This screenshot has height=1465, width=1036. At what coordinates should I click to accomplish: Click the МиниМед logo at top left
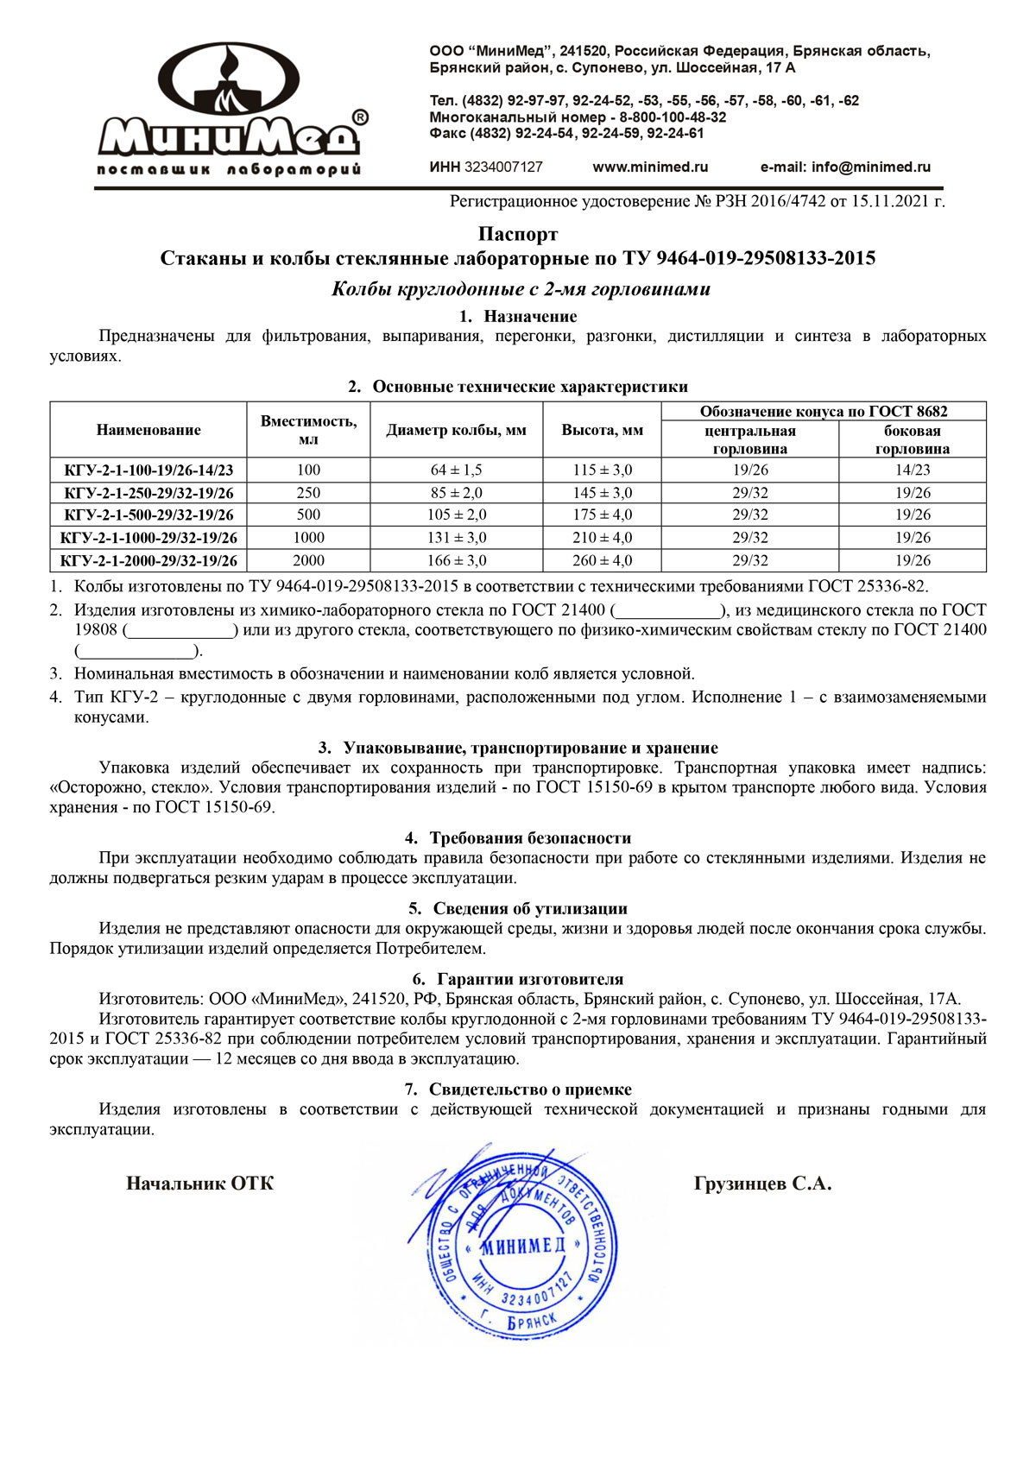[x=229, y=108]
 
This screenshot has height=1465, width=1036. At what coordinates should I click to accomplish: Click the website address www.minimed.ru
[x=650, y=167]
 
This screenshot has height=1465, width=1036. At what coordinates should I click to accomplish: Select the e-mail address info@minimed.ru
[x=870, y=167]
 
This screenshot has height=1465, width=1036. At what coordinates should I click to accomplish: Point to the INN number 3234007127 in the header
[x=503, y=167]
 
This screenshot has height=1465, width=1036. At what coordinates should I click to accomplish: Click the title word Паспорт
[x=518, y=234]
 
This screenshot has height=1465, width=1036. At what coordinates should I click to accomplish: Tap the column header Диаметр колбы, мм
[x=456, y=430]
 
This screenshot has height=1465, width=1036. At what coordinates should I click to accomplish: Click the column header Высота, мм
[x=602, y=430]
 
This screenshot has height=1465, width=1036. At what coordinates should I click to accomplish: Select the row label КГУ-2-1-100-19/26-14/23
[x=148, y=470]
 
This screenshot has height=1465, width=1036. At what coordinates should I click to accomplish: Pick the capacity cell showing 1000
[x=308, y=538]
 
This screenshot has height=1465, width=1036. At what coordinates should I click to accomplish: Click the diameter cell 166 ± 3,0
[x=456, y=560]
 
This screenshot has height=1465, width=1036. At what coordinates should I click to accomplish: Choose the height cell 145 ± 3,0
[x=602, y=493]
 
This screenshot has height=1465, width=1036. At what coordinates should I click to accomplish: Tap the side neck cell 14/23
[x=913, y=470]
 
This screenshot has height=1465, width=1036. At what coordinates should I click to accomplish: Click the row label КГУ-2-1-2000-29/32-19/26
[x=148, y=561]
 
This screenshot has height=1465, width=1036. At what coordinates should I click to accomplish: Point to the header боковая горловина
[x=913, y=439]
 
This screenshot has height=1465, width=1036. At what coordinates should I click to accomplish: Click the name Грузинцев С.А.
[x=762, y=1184]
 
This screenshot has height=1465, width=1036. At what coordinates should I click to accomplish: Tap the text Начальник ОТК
[x=199, y=1184]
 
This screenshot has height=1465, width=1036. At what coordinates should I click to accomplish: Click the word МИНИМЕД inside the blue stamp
[x=522, y=1246]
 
